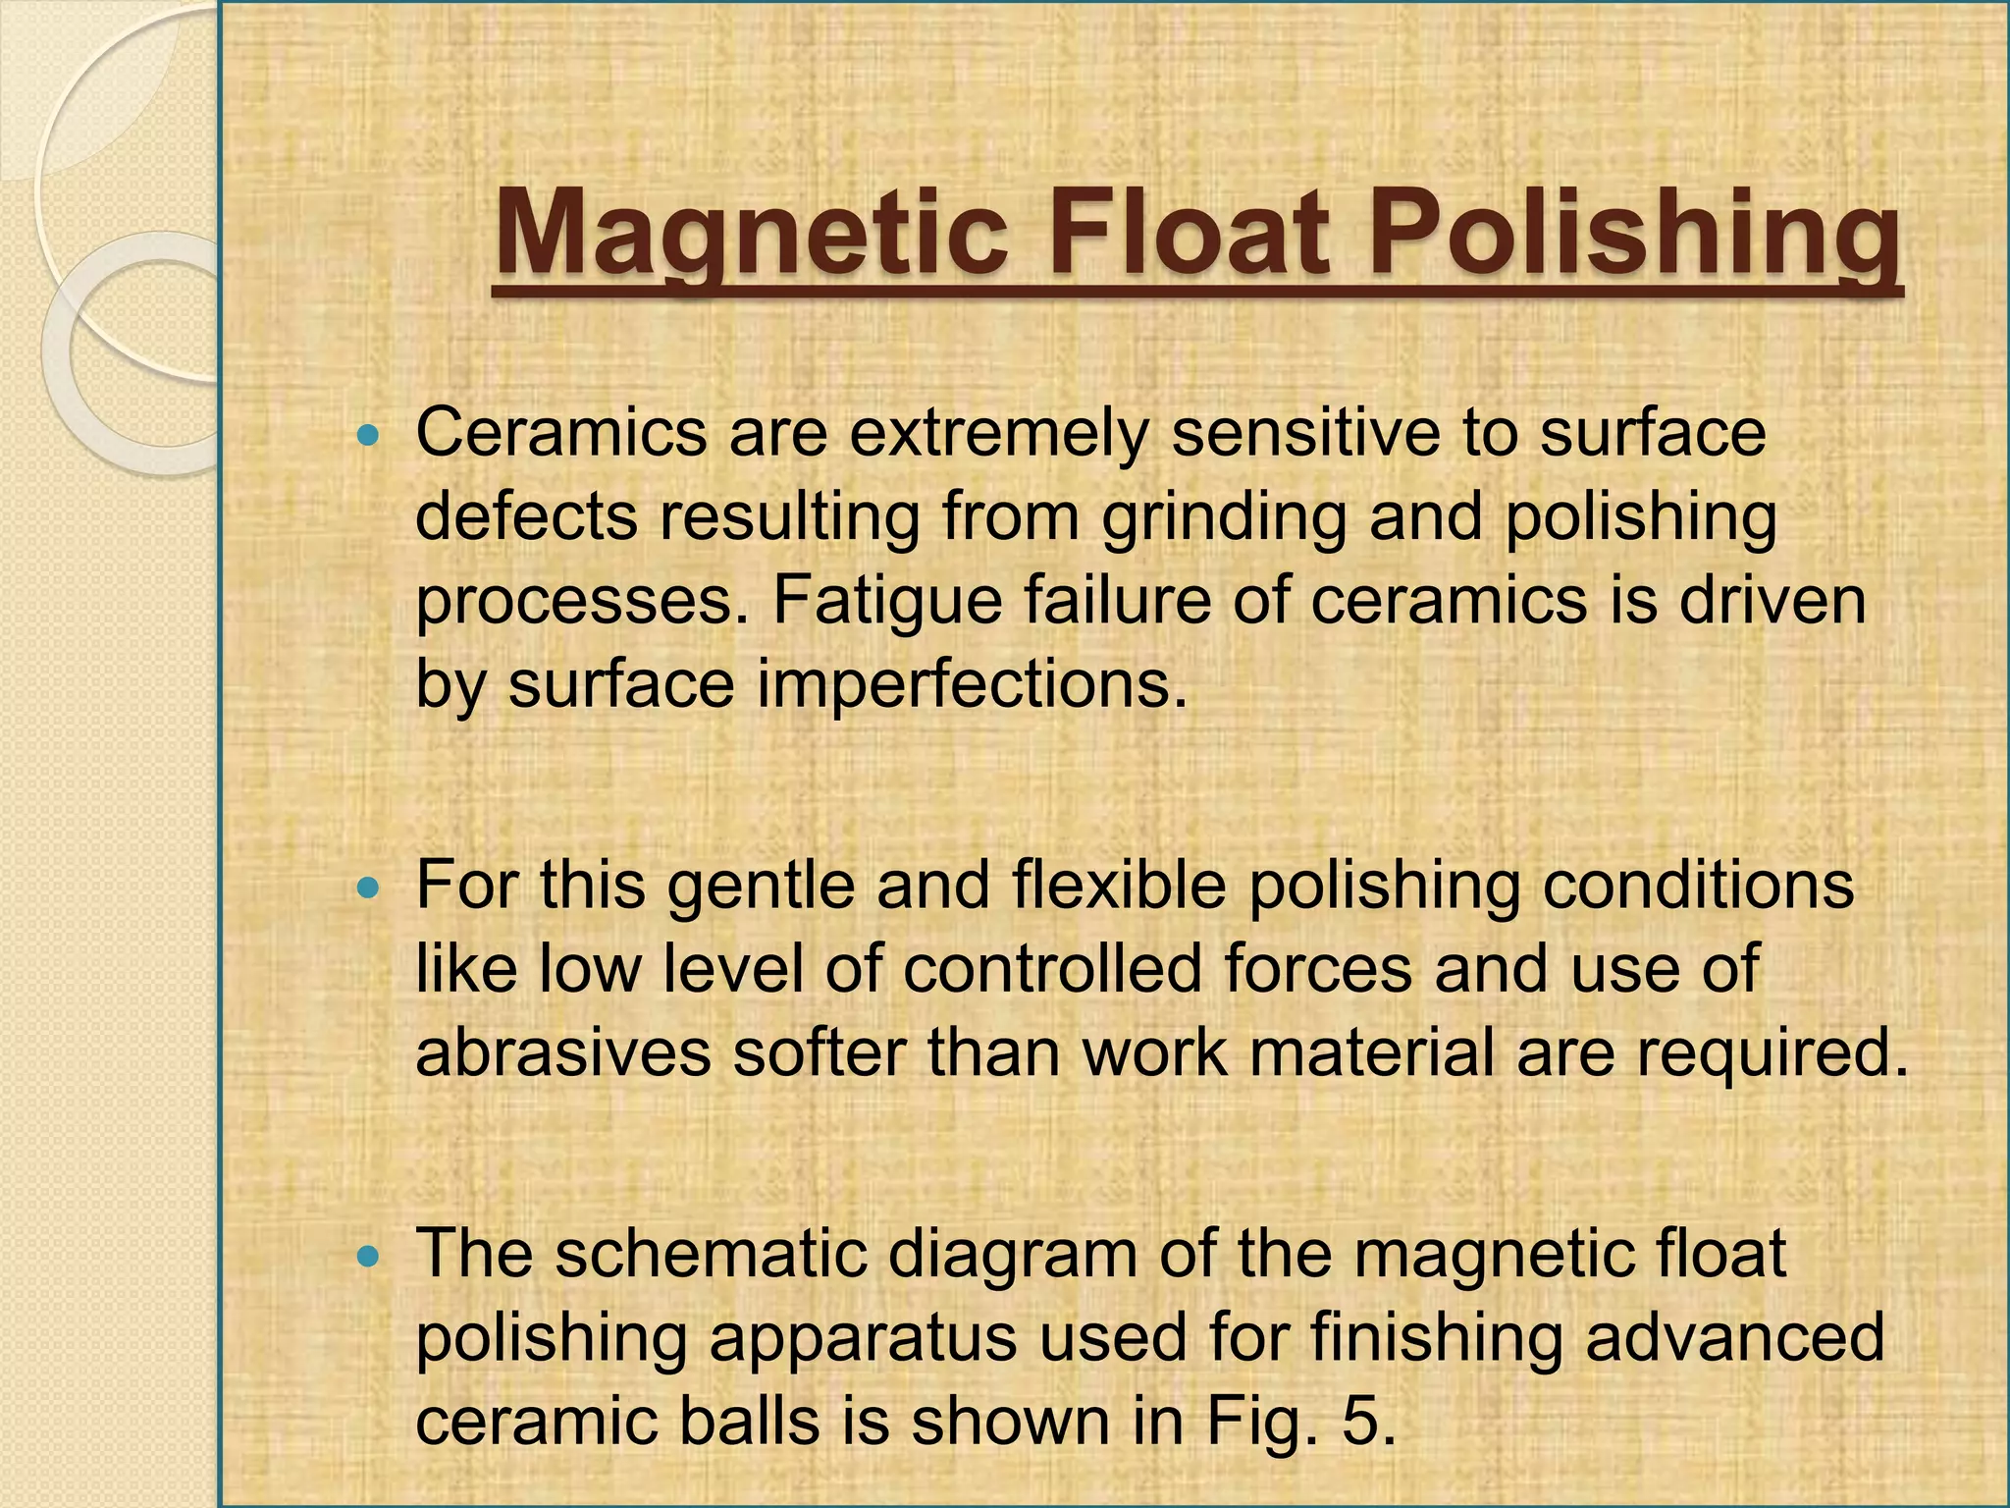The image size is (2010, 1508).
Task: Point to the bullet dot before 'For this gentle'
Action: point(368,886)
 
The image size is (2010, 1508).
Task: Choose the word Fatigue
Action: point(887,602)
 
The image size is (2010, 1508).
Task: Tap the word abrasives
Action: point(563,1053)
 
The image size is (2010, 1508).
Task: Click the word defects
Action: point(526,517)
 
